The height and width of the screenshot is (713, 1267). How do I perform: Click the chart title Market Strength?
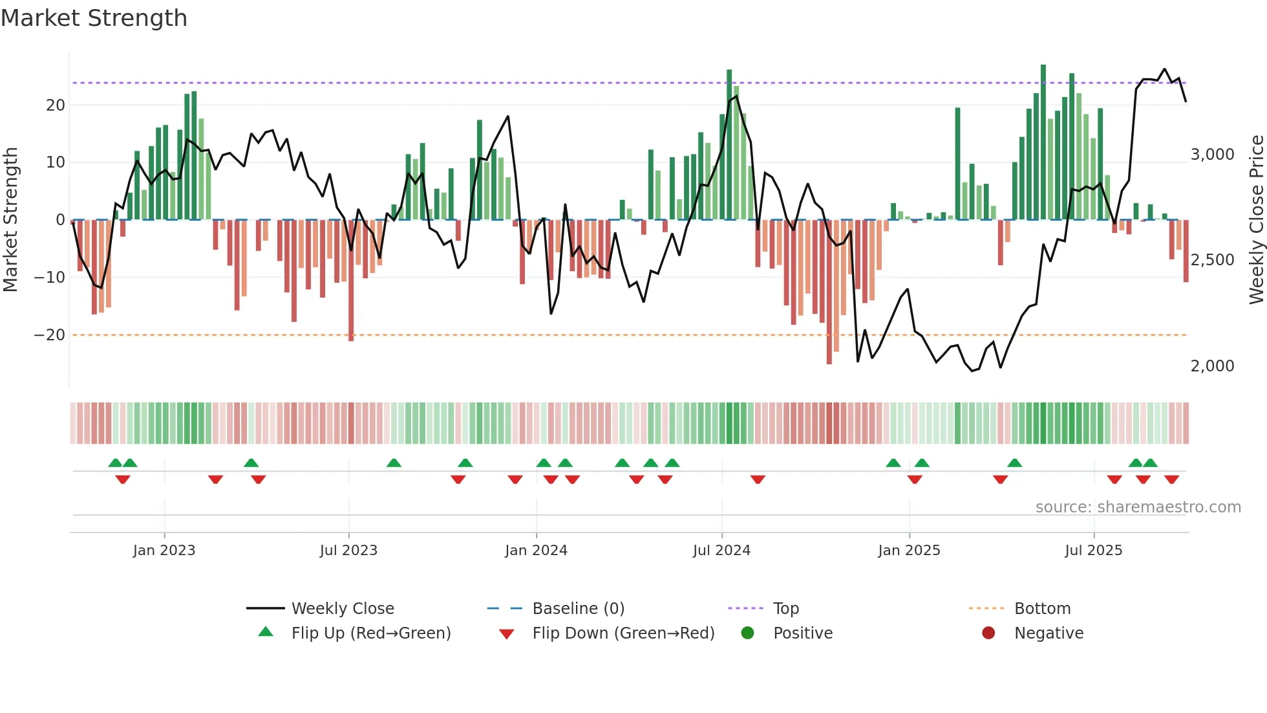(94, 18)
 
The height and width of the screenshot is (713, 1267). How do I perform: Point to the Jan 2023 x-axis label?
(164, 551)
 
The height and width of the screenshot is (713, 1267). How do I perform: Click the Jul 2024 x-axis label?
(721, 551)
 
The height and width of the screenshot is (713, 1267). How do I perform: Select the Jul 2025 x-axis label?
(1094, 551)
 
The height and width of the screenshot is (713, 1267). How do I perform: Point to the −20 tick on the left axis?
(50, 335)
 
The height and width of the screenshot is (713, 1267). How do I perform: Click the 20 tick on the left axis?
(56, 105)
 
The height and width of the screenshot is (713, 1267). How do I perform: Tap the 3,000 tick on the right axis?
(1212, 155)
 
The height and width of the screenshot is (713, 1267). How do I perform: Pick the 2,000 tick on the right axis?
(1212, 366)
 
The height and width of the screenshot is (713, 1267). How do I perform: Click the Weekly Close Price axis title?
(1257, 220)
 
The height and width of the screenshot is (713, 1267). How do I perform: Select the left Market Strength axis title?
(10, 220)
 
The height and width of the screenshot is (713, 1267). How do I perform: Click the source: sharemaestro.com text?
(1138, 507)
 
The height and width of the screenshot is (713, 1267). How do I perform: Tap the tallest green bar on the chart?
(1043, 142)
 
